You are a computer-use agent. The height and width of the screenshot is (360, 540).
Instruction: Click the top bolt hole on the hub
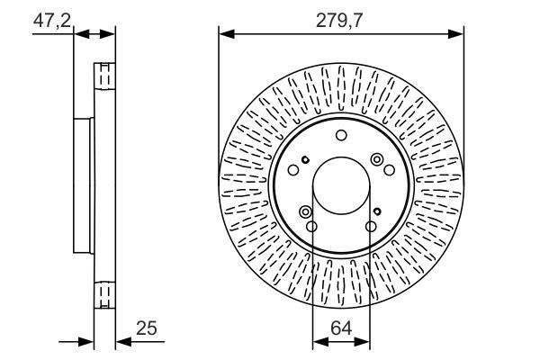point(341,135)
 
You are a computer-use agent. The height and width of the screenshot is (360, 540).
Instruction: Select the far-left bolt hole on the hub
point(293,170)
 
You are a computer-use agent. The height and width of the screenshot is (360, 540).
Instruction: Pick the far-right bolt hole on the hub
point(389,169)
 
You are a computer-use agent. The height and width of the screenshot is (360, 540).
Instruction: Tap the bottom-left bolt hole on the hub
point(311,226)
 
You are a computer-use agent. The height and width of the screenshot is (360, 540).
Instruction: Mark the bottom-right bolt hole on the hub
point(370,226)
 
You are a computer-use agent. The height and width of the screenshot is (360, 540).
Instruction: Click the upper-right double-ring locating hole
point(377,159)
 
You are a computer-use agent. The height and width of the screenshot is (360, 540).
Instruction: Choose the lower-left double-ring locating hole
point(306,211)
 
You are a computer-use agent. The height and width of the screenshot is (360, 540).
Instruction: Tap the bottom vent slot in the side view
point(105,295)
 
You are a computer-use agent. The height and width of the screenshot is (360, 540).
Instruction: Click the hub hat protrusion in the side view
point(82,184)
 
